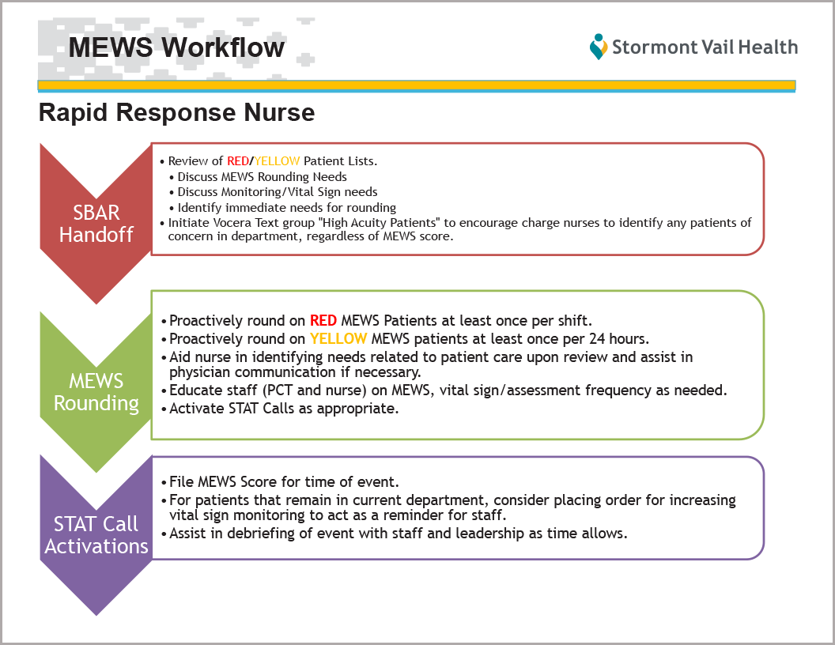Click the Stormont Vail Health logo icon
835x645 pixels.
(599, 47)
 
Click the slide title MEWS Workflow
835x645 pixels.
(176, 47)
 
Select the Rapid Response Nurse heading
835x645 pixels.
(177, 112)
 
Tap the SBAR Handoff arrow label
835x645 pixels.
(96, 224)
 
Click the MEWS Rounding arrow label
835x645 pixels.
(96, 392)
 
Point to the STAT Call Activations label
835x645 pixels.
(96, 535)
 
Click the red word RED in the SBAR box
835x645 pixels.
(237, 161)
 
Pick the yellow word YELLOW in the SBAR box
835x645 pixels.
(277, 161)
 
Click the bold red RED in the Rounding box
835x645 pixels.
(323, 320)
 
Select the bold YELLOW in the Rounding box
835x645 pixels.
(338, 338)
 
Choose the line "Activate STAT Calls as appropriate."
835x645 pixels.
(284, 408)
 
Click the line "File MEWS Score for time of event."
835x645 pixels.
(284, 481)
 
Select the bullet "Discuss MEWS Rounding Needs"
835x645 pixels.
(262, 177)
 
